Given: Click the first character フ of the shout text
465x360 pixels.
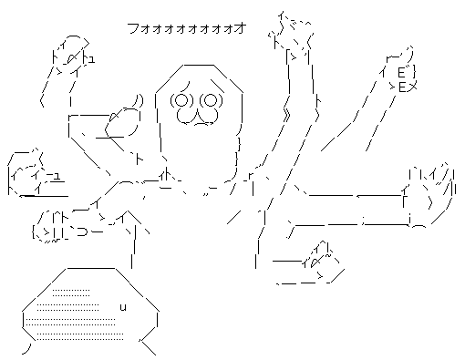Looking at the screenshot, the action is (132, 28).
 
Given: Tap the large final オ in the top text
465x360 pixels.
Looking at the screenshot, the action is (241, 28).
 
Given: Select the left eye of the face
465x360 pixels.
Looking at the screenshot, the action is (181, 100).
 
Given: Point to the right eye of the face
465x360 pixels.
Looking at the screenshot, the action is (210, 100).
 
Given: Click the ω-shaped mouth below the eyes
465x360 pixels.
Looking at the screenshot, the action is (197, 117).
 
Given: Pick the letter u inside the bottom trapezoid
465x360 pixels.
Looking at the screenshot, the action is (123, 307).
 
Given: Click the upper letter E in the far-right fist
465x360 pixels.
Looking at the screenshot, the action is (401, 73).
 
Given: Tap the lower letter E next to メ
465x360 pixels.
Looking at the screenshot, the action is (402, 87).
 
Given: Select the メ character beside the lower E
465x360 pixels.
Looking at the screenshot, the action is (411, 87).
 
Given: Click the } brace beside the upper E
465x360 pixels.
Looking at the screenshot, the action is (413, 73).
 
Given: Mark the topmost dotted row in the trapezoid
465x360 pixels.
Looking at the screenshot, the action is (71, 293).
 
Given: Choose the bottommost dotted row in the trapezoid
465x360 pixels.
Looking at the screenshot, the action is (80, 336).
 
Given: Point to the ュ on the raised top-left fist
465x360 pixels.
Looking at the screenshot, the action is (90, 59).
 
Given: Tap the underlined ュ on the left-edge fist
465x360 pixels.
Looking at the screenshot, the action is (57, 176).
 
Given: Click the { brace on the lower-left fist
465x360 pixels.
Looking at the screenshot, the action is (34, 231).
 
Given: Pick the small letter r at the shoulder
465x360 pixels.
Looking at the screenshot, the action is (251, 176).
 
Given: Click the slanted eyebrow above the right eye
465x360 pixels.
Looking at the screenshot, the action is (217, 86).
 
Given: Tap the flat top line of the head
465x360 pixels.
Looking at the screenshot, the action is (198, 65).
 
